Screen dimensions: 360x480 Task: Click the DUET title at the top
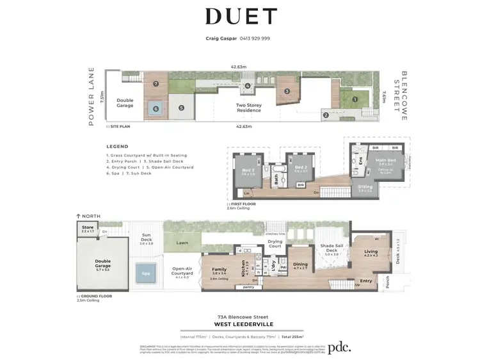click(x=241, y=17)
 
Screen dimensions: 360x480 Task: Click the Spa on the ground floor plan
click(x=146, y=274)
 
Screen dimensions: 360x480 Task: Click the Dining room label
click(x=300, y=265)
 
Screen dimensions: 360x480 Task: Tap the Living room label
click(x=371, y=252)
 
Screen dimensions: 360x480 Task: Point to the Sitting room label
click(x=365, y=187)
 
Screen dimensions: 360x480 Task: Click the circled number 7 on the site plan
click(x=155, y=83)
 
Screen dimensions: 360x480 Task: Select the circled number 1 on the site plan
click(x=353, y=99)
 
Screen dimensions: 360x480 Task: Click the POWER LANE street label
click(x=92, y=96)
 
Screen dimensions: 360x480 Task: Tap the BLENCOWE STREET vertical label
click(x=404, y=96)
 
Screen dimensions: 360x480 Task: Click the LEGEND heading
click(x=117, y=147)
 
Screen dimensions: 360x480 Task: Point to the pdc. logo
click(x=340, y=348)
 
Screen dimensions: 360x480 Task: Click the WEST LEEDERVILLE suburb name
click(x=241, y=323)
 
